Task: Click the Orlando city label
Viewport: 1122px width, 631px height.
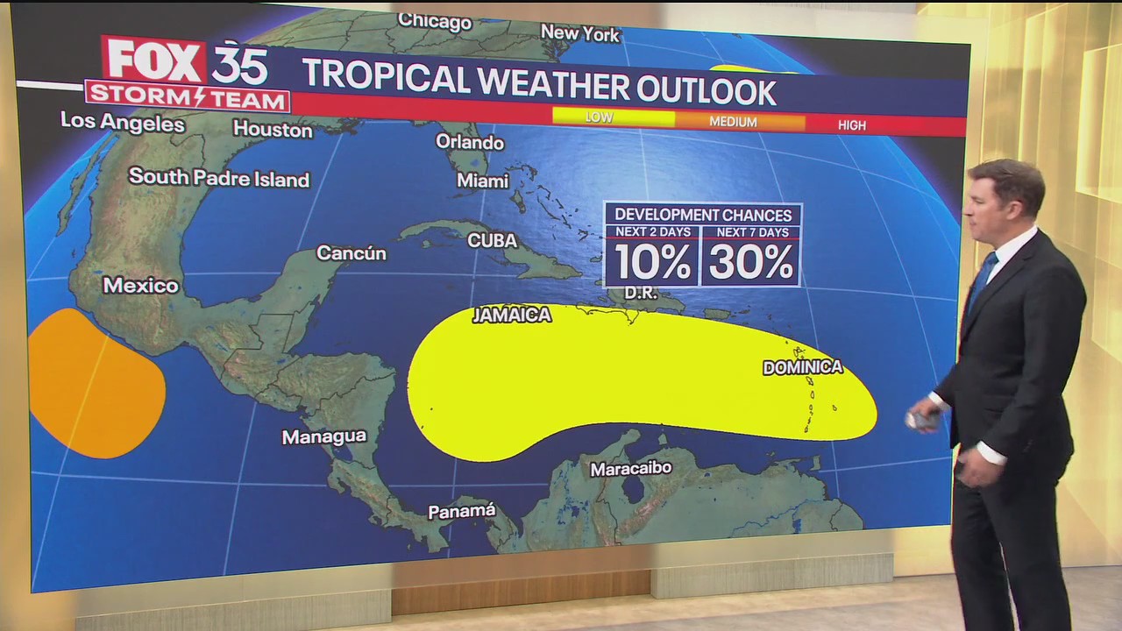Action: [x=470, y=142]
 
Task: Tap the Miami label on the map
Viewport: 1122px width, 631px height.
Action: [x=482, y=181]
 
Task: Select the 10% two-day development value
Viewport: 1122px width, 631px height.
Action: [x=651, y=262]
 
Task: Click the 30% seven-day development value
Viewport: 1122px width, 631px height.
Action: [x=751, y=262]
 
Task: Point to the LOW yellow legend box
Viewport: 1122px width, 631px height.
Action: [x=613, y=117]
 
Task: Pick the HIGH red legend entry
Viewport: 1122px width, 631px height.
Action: [x=851, y=125]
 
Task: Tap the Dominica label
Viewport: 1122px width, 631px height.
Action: [x=802, y=367]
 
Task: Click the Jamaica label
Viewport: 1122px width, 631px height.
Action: [x=512, y=315]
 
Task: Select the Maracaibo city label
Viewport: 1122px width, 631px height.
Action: [x=631, y=469]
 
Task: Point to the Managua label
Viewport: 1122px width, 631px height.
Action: [x=323, y=436]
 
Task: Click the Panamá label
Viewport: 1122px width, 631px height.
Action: [x=462, y=511]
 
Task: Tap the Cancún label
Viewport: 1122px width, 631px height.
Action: [x=351, y=253]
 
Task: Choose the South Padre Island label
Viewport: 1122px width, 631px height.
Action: [x=219, y=178]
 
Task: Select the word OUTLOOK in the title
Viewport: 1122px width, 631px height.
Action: [x=701, y=90]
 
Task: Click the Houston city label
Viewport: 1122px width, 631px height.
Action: [x=273, y=130]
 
